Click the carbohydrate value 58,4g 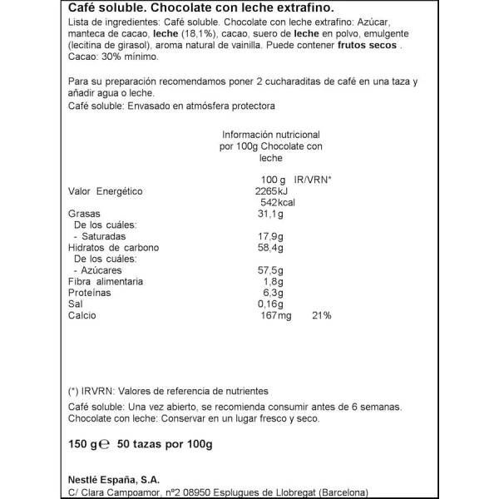pos(268,248)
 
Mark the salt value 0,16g pos(269,304)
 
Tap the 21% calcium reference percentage pos(321,316)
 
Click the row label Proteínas pos(90,293)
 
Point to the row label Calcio pos(82,316)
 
